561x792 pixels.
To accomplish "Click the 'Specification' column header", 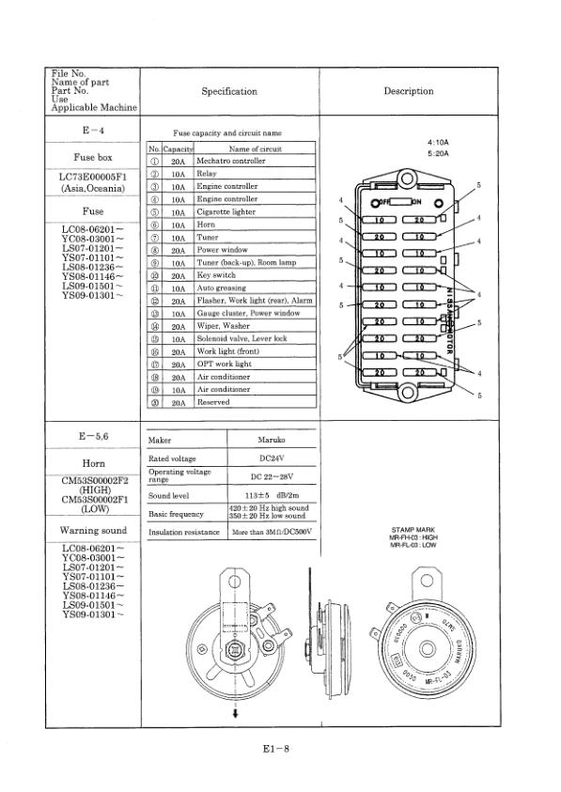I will coord(228,91).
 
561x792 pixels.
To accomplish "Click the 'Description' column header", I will coord(409,91).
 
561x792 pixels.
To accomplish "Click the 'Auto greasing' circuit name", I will coord(221,287).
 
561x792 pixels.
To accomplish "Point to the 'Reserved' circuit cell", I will coord(215,401).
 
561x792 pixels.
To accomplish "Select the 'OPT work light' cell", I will coord(224,364).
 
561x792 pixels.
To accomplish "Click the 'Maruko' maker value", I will coord(271,439).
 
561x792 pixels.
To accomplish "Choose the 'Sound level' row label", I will coord(170,495).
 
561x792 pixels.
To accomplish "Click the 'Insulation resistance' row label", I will coord(185,533).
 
